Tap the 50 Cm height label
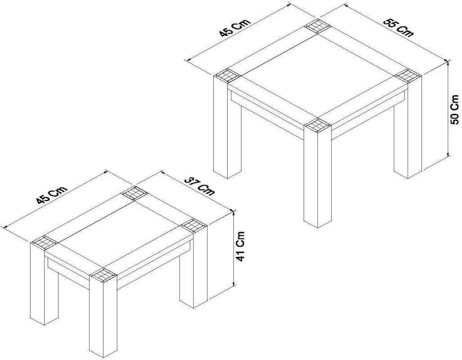455,109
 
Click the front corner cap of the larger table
318,125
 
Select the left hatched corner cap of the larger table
227,76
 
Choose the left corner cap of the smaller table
45,242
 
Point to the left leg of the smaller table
45,283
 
